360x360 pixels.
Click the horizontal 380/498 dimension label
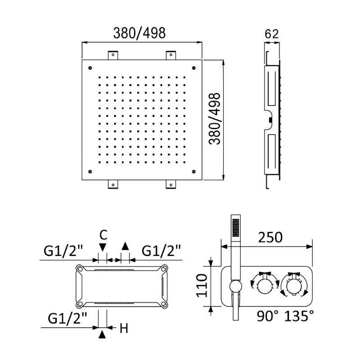click(x=139, y=33)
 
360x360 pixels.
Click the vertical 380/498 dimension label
click(x=215, y=119)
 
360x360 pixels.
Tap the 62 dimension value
click(x=272, y=34)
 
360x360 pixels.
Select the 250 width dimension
click(x=270, y=238)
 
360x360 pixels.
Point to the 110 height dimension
click(x=202, y=286)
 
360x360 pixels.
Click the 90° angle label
click(x=267, y=316)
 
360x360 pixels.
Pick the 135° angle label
click(x=299, y=316)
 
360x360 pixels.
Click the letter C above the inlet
click(x=103, y=235)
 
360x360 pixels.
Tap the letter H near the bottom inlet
click(x=124, y=328)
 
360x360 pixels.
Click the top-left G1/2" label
click(x=63, y=251)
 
